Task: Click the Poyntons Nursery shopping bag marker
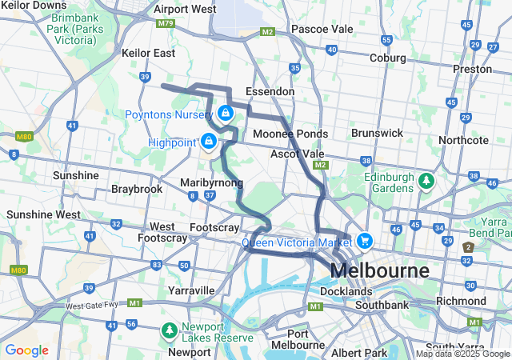tap(226, 114)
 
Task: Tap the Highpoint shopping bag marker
tap(209, 142)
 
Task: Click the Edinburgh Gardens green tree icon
tap(427, 181)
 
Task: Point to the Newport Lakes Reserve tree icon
tap(169, 329)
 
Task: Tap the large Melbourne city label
tap(378, 270)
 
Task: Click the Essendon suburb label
tap(270, 92)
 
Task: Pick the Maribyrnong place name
tap(211, 183)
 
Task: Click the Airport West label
tap(184, 9)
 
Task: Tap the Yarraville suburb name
tap(190, 290)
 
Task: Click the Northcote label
tap(463, 140)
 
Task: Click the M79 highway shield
tap(166, 24)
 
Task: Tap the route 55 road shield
tap(386, 40)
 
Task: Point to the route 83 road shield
tap(157, 265)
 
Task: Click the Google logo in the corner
tap(26, 350)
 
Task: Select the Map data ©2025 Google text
tap(462, 354)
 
